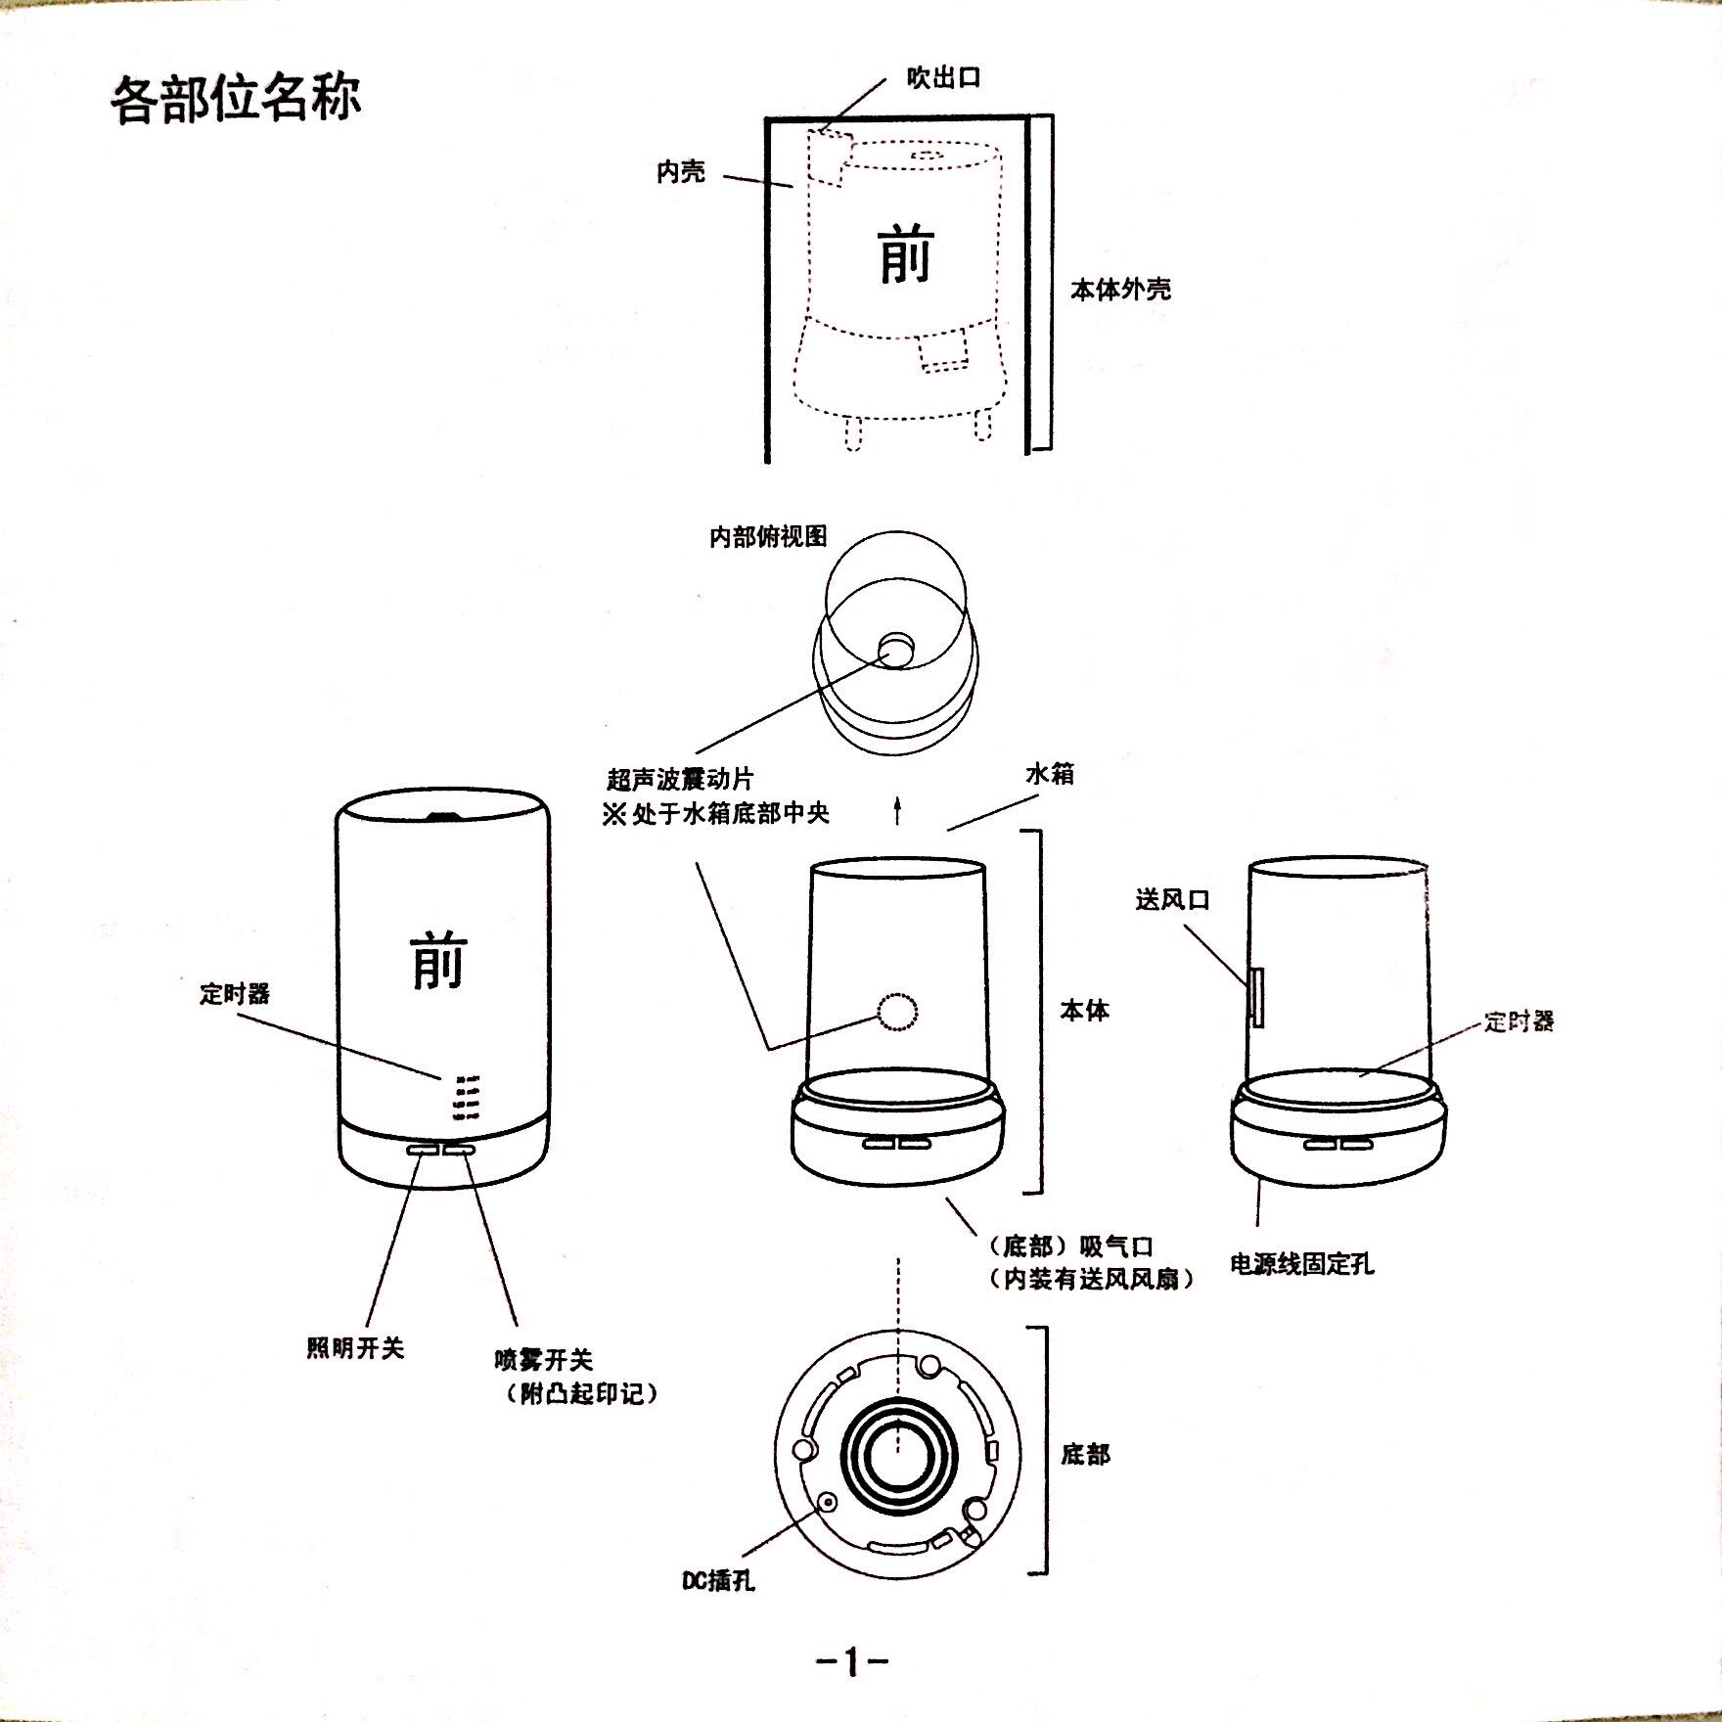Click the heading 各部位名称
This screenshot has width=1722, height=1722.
coord(236,99)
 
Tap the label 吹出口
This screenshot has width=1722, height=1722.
coord(942,78)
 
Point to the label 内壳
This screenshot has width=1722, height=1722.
coord(680,172)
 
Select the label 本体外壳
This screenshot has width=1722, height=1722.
coord(1120,290)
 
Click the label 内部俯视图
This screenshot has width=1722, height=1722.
coord(768,536)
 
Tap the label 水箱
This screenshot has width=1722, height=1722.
coord(1049,774)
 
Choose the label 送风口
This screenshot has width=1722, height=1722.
coord(1172,899)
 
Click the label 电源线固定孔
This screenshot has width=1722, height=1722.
coord(1301,1264)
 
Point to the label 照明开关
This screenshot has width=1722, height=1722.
coord(354,1348)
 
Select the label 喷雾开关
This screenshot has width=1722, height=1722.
coord(543,1360)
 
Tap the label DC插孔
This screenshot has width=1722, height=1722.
coord(718,1580)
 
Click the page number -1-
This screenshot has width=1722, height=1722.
coord(851,1660)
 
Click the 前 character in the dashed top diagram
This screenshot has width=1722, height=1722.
coord(906,255)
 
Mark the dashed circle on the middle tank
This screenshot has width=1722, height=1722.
coord(897,1013)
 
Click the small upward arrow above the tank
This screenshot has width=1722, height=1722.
coord(897,811)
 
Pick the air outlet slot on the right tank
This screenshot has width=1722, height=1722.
coord(1256,997)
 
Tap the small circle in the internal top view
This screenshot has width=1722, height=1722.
coord(895,648)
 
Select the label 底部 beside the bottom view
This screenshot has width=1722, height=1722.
coord(1085,1455)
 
